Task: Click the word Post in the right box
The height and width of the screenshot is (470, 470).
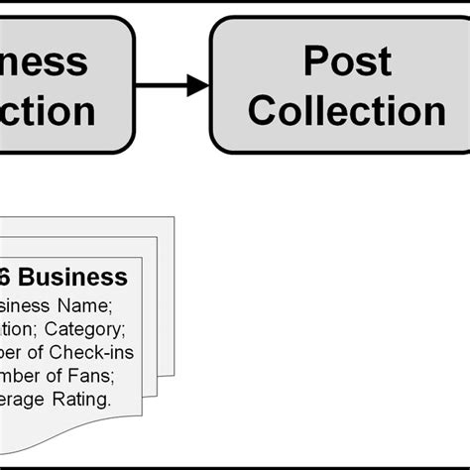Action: [346, 61]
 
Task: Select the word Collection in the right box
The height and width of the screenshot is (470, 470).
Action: [346, 110]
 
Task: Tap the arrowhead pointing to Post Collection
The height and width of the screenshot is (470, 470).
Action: [198, 85]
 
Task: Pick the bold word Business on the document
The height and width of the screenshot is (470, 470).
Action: [74, 277]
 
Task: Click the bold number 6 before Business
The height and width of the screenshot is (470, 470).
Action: [9, 277]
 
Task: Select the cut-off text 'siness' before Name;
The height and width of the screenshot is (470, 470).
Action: [20, 304]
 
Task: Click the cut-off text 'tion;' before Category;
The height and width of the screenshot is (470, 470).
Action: [17, 328]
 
